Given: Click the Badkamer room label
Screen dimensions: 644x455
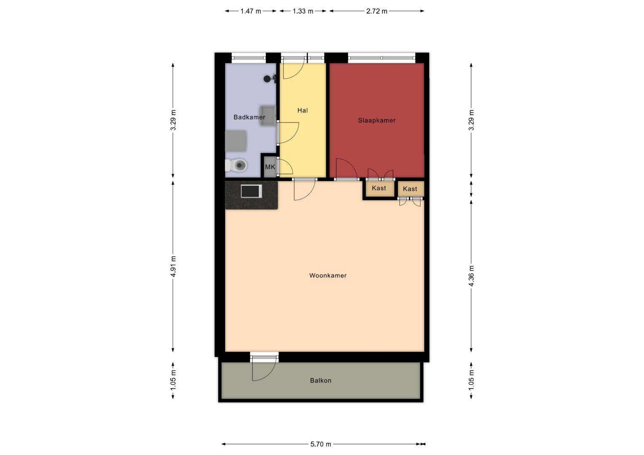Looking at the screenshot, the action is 249,117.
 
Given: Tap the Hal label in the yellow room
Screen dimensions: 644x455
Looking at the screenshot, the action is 303,110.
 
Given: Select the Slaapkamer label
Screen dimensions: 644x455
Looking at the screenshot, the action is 377,120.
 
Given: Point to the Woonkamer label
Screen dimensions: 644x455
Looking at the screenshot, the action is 328,276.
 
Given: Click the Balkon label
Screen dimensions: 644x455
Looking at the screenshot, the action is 321,380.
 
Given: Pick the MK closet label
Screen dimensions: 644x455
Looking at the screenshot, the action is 270,167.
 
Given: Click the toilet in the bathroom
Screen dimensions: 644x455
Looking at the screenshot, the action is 236,165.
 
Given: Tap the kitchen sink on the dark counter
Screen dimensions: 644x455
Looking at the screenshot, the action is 251,191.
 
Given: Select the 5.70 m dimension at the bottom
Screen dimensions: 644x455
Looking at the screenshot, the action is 321,444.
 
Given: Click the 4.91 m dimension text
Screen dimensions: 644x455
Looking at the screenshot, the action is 173,266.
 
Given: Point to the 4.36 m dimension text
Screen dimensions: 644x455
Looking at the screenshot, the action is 471,276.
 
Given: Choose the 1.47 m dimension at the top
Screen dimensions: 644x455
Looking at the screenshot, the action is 251,11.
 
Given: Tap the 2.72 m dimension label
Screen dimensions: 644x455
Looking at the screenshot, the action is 377,11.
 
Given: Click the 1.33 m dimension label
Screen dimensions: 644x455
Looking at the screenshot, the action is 303,11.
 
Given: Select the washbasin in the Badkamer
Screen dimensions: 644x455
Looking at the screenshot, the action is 268,115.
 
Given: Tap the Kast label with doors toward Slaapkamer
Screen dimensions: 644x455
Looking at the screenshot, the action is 378,188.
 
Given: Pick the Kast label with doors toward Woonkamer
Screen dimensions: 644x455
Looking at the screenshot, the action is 410,189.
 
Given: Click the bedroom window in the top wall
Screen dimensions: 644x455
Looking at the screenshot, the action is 382,58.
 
